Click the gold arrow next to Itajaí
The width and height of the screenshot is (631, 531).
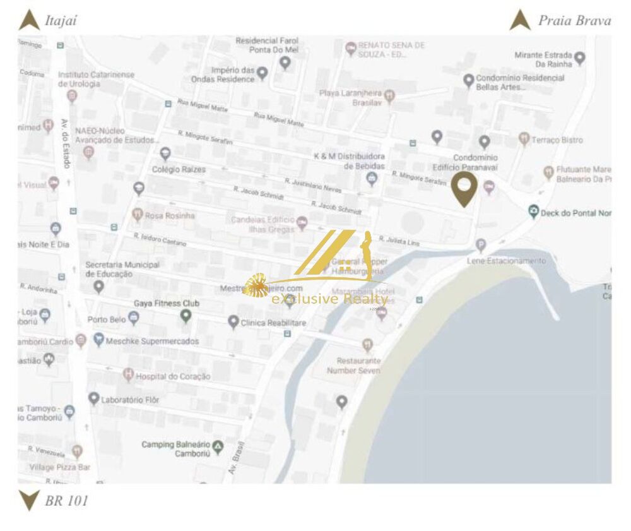[x=29, y=20]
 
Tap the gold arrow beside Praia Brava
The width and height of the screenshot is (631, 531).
[x=520, y=20]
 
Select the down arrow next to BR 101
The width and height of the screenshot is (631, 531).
[x=29, y=500]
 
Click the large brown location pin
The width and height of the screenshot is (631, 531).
[x=464, y=188]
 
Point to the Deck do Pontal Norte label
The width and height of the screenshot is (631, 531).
[x=576, y=213]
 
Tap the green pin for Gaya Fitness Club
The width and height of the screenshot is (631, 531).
[x=186, y=315]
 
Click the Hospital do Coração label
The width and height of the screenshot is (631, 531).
[x=173, y=376]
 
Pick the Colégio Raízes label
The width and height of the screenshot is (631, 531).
[x=179, y=169]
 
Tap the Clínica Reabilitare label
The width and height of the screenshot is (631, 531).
[x=273, y=323]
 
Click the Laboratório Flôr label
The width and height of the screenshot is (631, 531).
[x=132, y=400]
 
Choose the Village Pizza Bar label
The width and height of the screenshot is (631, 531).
[x=61, y=467]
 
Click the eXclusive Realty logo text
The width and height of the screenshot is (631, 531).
[x=329, y=299]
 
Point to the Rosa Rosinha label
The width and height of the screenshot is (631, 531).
[x=170, y=215]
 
